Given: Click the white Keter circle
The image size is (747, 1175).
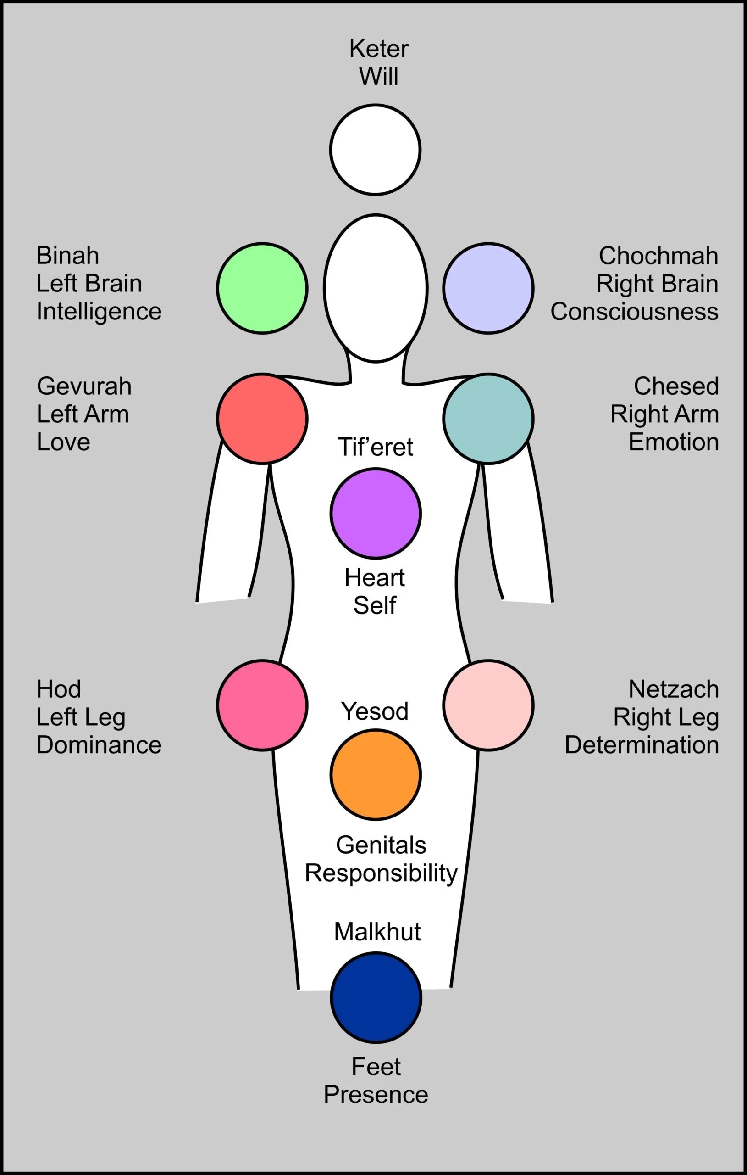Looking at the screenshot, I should [375, 149].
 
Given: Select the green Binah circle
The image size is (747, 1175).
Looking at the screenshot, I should [262, 288].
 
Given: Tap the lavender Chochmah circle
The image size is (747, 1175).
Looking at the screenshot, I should [488, 288].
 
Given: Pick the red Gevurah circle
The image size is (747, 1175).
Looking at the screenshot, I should [262, 418].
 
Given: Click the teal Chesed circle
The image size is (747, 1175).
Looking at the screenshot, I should [488, 418].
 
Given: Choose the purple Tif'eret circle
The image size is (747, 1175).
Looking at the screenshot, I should [375, 513].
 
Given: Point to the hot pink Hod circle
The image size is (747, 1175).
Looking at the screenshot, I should [262, 705].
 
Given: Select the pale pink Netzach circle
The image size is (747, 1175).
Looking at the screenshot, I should [488, 705].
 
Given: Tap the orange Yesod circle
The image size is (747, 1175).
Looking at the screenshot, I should [375, 774].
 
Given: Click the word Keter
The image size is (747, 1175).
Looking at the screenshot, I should [379, 49].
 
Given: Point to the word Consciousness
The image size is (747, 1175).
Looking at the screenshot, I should [634, 311].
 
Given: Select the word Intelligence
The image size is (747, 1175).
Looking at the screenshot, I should [99, 311].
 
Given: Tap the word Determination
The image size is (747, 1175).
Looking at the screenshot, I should [642, 745].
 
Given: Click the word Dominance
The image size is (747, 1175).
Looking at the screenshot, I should [99, 745].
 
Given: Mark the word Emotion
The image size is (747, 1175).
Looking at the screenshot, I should [673, 442].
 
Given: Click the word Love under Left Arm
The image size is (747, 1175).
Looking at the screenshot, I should [63, 442].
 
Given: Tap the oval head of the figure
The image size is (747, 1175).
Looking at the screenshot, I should [376, 288].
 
